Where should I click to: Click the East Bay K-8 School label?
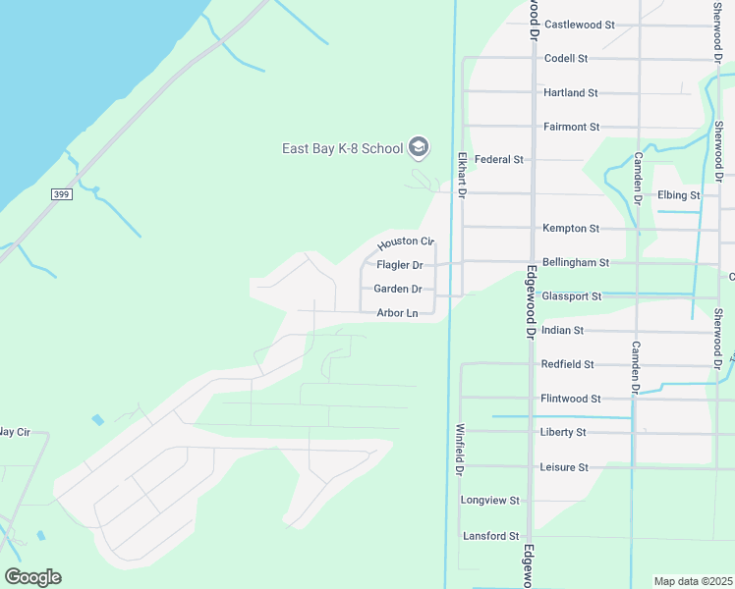coord(342,149)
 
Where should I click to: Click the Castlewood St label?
coord(579,25)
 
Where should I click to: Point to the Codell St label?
coord(565,59)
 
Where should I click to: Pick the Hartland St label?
coord(571,93)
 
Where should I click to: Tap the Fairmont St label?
coord(571,128)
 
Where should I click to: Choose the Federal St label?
coord(499,159)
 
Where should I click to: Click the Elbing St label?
coord(679,195)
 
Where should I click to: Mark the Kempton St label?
coord(571,229)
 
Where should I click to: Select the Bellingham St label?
coord(577,263)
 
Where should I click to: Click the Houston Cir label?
coord(406,241)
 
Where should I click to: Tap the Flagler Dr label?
coord(400,265)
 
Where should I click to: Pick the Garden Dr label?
coord(398,290)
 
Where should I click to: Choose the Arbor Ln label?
coord(398,314)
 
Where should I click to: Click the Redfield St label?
coord(568,364)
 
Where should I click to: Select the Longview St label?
coord(489,501)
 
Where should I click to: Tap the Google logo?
coord(32,577)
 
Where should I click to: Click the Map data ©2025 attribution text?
coord(693,581)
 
